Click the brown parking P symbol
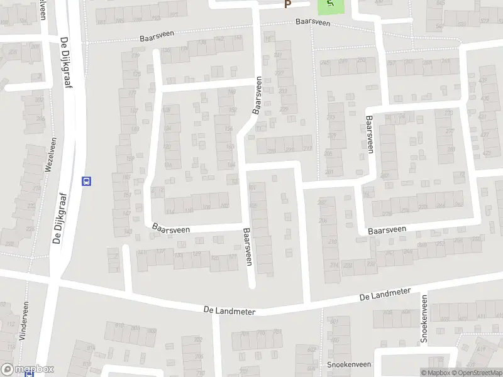click(288, 4)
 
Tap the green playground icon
click(330, 6)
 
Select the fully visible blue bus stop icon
click(87, 181)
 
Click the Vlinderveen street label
click(25, 321)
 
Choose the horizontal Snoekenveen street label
click(349, 364)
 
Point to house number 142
click(219, 39)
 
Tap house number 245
click(325, 62)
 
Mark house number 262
click(458, 204)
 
